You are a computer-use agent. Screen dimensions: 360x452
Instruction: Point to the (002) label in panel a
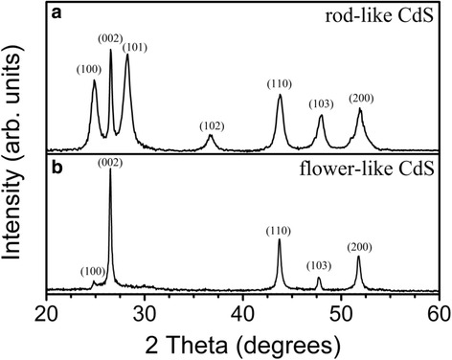(109, 37)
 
